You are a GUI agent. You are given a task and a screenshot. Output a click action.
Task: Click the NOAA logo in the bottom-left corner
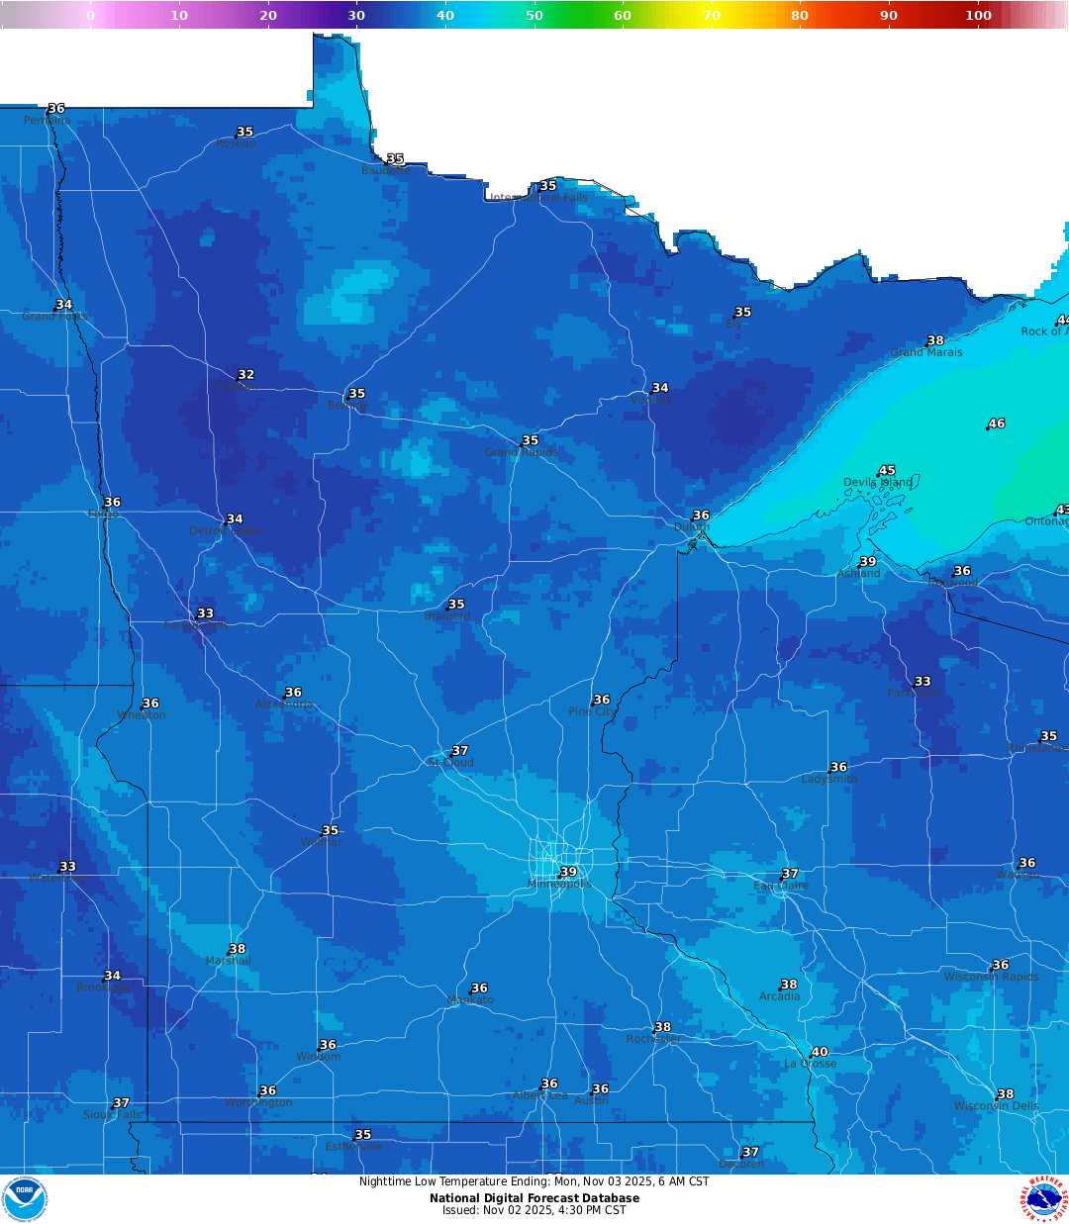tap(25, 1198)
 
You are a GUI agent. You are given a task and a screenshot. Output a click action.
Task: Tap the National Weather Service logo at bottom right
tap(1044, 1198)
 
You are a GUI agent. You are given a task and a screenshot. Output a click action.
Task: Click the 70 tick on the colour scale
tap(712, 15)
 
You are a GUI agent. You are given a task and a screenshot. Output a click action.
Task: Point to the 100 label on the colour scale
tap(978, 15)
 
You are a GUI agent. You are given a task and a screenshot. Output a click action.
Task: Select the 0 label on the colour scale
tap(90, 15)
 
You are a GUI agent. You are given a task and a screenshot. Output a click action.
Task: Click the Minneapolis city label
tap(559, 884)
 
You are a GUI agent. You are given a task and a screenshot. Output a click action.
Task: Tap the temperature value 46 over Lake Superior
tap(997, 424)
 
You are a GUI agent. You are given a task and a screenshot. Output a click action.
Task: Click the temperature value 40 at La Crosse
tap(820, 1052)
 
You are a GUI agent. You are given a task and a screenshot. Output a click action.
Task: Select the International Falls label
tap(539, 198)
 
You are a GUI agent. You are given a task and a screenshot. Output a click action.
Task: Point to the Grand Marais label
tap(925, 352)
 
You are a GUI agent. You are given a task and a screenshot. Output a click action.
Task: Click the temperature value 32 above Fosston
tap(246, 375)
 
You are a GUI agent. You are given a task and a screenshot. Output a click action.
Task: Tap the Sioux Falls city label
tap(112, 1114)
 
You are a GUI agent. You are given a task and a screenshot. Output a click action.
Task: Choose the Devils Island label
tap(878, 483)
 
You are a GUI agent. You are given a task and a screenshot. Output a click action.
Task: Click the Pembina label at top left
tap(48, 121)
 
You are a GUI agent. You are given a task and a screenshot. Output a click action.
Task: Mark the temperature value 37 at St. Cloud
tap(460, 751)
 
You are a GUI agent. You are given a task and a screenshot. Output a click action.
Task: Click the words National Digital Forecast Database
tap(534, 1198)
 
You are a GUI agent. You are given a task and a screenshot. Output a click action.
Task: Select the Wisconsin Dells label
tap(996, 1106)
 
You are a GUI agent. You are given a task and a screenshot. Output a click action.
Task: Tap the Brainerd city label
tap(447, 615)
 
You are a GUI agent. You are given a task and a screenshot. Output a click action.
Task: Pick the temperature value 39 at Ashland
tap(868, 562)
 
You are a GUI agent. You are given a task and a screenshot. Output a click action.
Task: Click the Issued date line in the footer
tap(534, 1210)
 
